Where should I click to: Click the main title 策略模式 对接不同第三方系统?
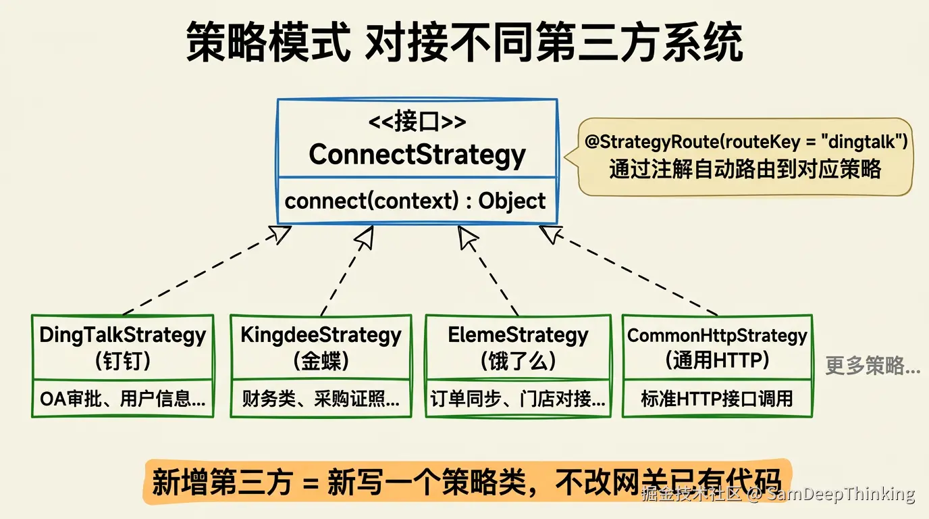[464, 42]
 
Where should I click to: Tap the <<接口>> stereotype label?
[417, 122]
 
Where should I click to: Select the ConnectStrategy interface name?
[417, 155]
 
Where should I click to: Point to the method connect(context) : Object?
[415, 201]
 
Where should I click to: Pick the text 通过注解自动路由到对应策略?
[745, 168]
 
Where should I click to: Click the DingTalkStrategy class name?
[122, 335]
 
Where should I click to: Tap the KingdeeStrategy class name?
[321, 335]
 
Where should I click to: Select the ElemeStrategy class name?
[518, 335]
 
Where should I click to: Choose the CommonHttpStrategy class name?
[717, 335]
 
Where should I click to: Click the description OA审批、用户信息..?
[122, 399]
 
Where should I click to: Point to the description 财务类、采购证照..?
[321, 399]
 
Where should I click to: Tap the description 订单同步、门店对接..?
[518, 399]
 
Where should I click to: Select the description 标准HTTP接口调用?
[717, 399]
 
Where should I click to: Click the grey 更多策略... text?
[873, 366]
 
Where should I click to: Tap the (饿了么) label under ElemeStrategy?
[518, 360]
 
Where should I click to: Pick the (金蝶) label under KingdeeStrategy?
[321, 360]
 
